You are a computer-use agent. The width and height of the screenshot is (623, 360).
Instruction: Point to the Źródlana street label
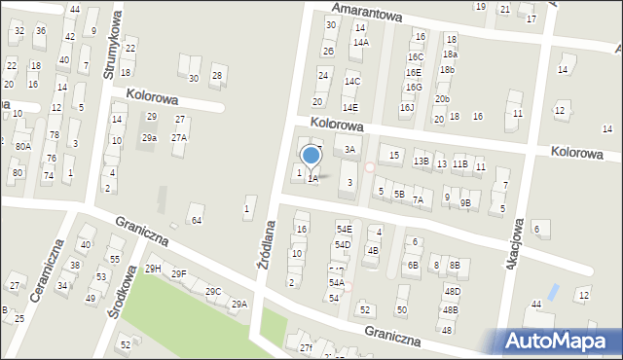[266, 250]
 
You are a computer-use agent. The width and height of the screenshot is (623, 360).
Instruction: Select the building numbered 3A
[350, 149]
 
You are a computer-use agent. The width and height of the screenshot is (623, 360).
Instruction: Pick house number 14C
[351, 82]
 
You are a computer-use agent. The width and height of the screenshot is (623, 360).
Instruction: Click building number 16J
[407, 107]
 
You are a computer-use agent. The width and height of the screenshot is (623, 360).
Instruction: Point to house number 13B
[421, 162]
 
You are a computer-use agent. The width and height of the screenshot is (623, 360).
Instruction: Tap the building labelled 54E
[343, 229]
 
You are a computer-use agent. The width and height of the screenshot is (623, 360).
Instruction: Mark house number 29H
[153, 269]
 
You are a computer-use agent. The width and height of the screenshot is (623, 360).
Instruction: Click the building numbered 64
[196, 220]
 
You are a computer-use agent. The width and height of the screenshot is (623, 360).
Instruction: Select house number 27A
[179, 138]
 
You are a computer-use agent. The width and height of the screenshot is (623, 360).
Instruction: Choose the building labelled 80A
[22, 146]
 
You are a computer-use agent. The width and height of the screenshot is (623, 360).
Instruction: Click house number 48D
[452, 291]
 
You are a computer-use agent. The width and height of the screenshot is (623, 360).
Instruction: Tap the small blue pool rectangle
[553, 291]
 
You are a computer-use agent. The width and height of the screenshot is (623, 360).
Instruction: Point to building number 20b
[443, 99]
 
